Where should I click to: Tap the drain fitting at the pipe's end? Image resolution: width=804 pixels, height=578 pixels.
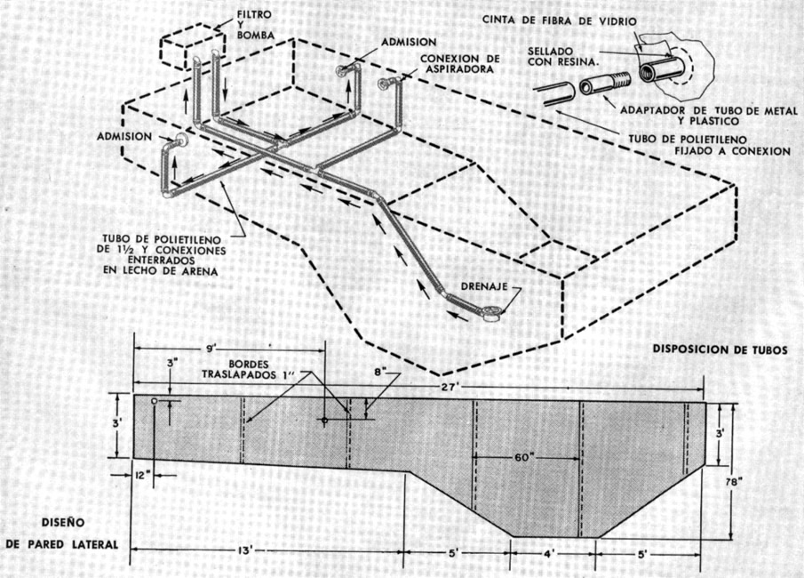coord(490,313)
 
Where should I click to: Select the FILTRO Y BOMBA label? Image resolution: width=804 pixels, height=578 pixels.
coord(255,24)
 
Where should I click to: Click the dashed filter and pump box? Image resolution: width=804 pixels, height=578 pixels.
coord(192,48)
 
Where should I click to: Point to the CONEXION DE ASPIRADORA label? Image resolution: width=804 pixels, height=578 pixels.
coord(459,64)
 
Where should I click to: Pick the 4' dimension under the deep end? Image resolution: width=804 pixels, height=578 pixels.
coord(552,554)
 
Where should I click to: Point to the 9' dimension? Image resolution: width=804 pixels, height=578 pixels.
coord(211,349)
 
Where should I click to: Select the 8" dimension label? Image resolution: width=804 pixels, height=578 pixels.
coord(380,373)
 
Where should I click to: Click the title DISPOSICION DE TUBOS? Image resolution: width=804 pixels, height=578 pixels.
coord(720,349)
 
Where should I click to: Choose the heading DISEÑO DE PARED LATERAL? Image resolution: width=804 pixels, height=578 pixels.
coord(62,533)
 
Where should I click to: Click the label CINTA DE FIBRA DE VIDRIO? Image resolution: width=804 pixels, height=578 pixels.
coord(560,21)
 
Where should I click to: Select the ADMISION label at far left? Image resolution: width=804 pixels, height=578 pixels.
coord(124,137)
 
